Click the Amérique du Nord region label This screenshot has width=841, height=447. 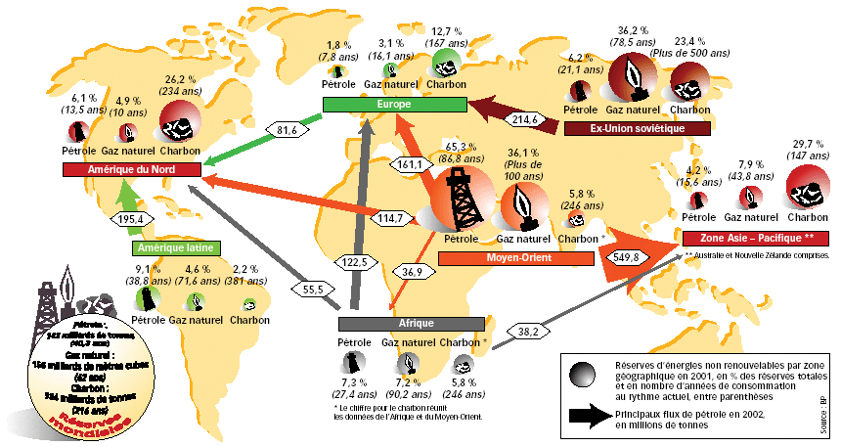click(131, 169)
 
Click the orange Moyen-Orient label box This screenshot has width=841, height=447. click(516, 258)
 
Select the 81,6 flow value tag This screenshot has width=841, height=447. click(287, 129)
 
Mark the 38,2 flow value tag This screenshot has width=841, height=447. click(527, 332)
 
